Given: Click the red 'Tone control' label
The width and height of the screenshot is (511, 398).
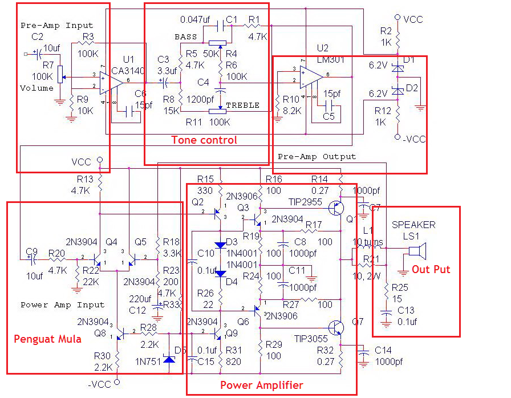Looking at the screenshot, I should click(x=204, y=140).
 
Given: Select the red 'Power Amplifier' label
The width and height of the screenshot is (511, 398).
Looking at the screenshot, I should click(x=262, y=385).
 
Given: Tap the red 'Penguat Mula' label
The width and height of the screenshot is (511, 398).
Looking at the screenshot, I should click(x=47, y=339).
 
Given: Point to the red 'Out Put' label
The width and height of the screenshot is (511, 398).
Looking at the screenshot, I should click(x=431, y=269).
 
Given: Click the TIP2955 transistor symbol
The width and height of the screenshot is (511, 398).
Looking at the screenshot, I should click(x=340, y=209).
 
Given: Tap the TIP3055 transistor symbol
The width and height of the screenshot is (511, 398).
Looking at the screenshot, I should click(x=338, y=327).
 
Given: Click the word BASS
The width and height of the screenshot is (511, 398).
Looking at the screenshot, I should click(x=185, y=37).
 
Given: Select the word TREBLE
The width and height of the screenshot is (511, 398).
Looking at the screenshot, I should click(x=242, y=105).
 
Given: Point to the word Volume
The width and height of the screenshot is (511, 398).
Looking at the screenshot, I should click(x=36, y=88).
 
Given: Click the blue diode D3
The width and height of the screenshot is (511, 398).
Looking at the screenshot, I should click(x=221, y=245).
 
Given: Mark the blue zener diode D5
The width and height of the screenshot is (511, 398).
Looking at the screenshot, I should click(x=168, y=359).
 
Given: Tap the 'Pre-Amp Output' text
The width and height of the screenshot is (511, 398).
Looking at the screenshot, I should click(x=317, y=156).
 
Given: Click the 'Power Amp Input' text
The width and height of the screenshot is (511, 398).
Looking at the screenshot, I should click(x=63, y=305).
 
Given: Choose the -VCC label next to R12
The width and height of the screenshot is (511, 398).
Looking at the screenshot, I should click(x=413, y=139).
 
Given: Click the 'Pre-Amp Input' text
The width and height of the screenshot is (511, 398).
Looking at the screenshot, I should click(x=56, y=26).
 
